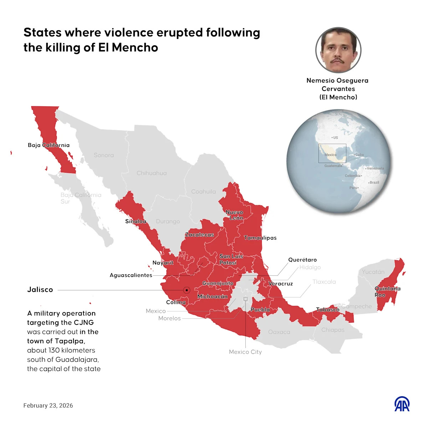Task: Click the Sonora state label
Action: [104, 155]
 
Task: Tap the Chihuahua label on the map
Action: [152, 173]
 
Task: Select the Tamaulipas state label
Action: [260, 238]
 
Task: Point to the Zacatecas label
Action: [199, 235]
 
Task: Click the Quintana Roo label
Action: [387, 292]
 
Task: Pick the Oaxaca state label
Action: [279, 332]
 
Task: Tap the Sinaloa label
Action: [136, 221]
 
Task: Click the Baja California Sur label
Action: [81, 198]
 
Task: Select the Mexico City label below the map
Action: [245, 352]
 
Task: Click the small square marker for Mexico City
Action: [245, 299]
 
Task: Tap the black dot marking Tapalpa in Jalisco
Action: [187, 290]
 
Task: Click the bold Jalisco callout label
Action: [40, 290]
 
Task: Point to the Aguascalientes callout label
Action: [131, 275]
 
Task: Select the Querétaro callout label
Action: [302, 260]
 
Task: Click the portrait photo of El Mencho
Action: [338, 50]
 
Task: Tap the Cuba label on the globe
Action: [359, 155]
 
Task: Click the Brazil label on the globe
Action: [374, 183]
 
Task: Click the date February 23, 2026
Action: [48, 406]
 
